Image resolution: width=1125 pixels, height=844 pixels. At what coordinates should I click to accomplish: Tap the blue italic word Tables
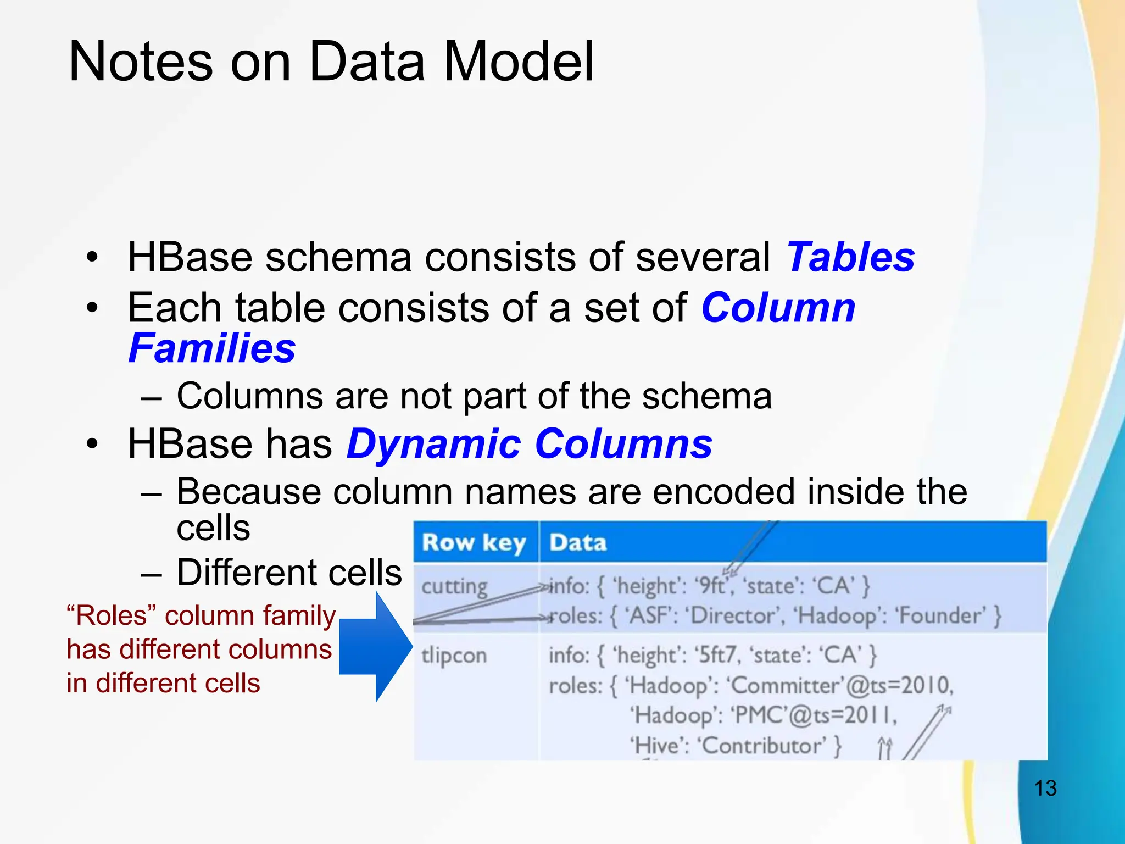tap(850, 257)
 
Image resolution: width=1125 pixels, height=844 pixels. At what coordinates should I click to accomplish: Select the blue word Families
tap(212, 348)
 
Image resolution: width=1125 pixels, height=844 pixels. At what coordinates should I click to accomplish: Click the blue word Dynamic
tap(433, 444)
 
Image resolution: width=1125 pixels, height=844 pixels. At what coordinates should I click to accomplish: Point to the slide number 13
tap(1045, 788)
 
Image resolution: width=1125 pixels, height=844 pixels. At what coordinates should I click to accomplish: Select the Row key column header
tap(474, 543)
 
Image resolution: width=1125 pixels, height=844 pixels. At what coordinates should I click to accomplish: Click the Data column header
tap(578, 543)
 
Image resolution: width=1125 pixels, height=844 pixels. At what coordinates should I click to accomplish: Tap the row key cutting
tap(454, 587)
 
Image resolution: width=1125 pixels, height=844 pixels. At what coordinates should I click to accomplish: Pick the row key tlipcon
tap(454, 656)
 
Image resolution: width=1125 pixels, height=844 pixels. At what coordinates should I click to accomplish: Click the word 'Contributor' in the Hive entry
tap(761, 746)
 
